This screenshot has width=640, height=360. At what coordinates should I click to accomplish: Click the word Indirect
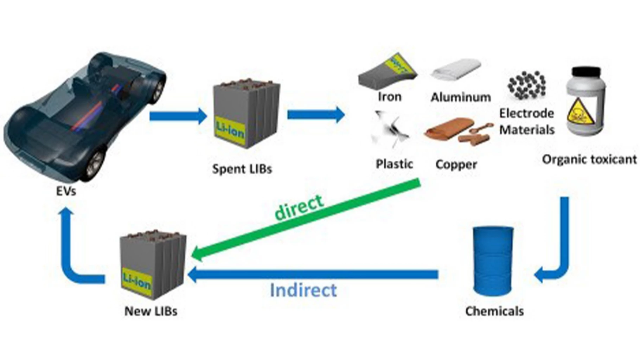point(303,290)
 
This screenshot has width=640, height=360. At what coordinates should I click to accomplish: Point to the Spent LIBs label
point(242,169)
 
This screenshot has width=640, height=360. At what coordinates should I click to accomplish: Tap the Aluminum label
point(461,97)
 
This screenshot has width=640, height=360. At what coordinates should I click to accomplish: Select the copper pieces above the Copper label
point(457,134)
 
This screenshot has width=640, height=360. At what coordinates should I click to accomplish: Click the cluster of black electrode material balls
point(526,84)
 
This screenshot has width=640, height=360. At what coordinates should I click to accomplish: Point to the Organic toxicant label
point(589,160)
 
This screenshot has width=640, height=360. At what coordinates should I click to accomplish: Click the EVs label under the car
point(66,191)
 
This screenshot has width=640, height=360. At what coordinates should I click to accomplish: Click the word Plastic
point(394,164)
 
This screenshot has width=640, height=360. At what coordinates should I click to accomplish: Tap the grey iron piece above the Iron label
point(387,72)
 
